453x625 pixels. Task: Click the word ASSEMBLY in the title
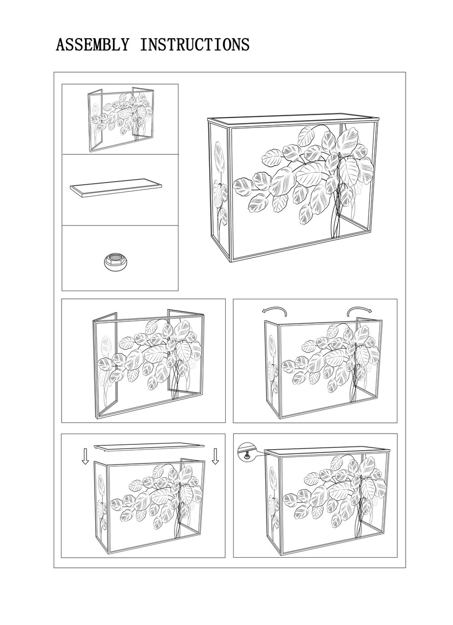(92, 44)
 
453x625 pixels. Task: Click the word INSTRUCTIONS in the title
(194, 44)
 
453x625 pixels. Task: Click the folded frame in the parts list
(121, 120)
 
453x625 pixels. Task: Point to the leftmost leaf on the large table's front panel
(243, 187)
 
